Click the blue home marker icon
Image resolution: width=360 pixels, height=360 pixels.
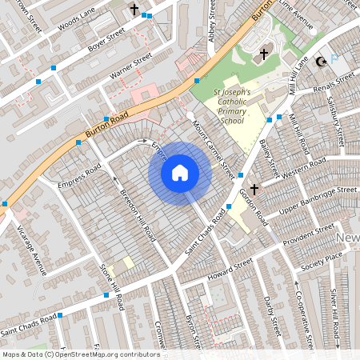coord(180,172)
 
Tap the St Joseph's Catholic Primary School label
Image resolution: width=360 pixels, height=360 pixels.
coord(233,107)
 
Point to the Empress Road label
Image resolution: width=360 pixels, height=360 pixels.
coord(79,178)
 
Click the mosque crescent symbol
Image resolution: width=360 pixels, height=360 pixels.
coord(322,61)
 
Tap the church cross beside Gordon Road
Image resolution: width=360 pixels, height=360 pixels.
coord(254,190)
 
